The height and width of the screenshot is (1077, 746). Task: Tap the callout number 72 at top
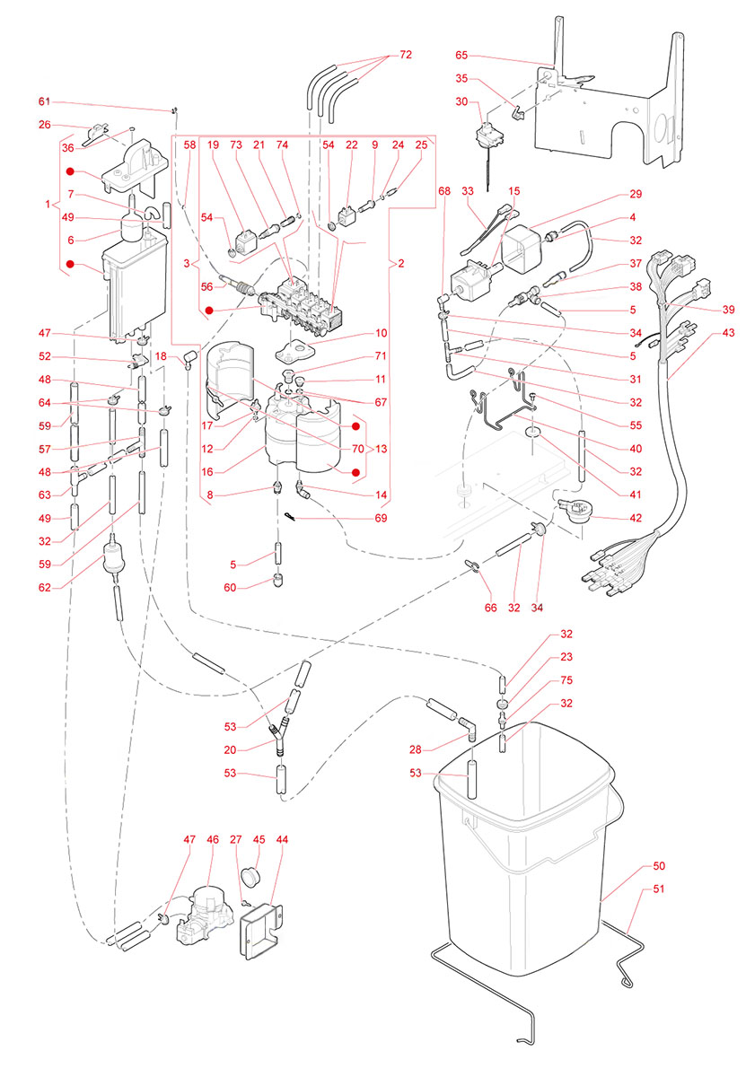pyautogui.click(x=406, y=56)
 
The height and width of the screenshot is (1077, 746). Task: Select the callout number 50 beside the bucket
pyautogui.click(x=659, y=868)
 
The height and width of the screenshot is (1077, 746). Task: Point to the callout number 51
pyautogui.click(x=659, y=890)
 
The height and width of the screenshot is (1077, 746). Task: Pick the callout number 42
pyautogui.click(x=636, y=519)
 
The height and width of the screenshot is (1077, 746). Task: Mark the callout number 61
pyautogui.click(x=45, y=101)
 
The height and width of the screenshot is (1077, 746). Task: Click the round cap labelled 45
pyautogui.click(x=253, y=875)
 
